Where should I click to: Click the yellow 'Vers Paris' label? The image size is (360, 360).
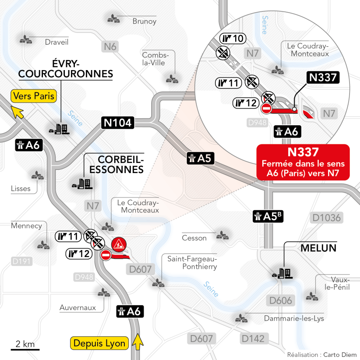[34, 95]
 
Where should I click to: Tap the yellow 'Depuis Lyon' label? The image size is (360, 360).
[100, 343]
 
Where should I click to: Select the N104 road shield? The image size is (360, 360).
[117, 123]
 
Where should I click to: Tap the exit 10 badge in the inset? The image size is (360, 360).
[232, 39]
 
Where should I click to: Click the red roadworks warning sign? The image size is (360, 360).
[119, 244]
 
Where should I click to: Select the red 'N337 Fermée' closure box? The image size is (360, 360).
[303, 162]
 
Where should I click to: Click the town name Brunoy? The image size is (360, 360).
[145, 21]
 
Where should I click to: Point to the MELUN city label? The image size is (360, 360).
[318, 248]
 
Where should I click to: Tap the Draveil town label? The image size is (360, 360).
[57, 42]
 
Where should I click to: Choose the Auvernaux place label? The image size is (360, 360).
[78, 307]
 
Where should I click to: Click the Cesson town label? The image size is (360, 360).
[194, 238]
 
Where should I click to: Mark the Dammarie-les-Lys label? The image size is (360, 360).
[294, 318]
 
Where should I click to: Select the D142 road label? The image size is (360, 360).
[253, 339]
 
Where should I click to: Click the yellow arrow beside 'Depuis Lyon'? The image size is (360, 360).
[138, 341]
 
